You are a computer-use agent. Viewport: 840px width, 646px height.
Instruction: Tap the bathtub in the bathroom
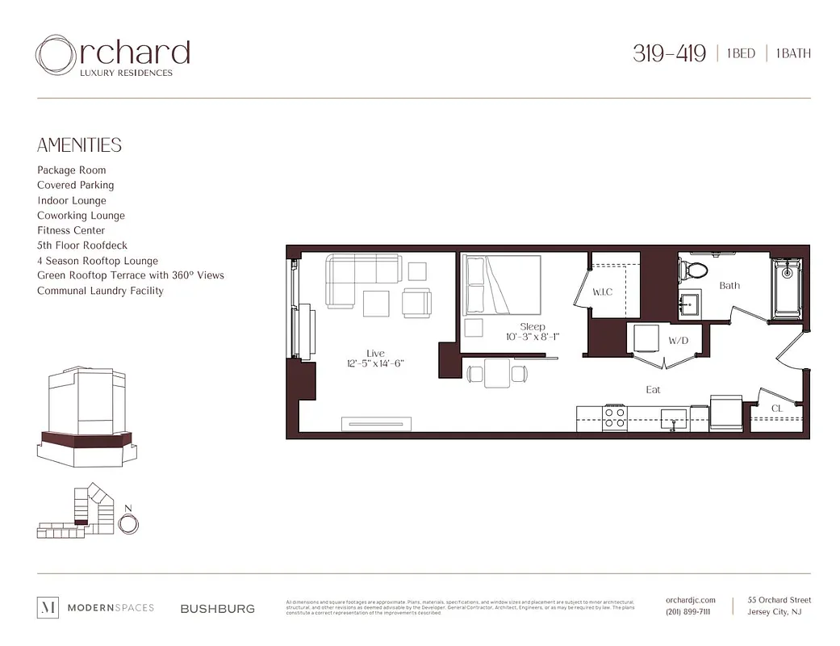pos(786,288)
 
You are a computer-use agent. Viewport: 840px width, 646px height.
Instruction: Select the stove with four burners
pos(615,417)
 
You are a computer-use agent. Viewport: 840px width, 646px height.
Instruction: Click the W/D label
pos(678,341)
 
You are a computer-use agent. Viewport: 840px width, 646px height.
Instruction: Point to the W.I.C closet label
pos(603,292)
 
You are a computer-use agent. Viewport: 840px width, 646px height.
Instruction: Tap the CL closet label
pos(777,409)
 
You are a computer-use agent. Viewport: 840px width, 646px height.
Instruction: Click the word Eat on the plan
pos(653,389)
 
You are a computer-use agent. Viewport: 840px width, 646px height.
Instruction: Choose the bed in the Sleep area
pos(501,285)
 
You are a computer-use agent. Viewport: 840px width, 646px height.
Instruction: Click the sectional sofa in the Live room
pos(355,279)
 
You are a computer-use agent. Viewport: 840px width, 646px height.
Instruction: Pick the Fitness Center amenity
pos(71,230)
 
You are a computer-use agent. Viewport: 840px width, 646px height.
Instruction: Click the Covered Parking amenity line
pos(76,185)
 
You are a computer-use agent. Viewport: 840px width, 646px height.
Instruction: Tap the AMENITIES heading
pos(79,145)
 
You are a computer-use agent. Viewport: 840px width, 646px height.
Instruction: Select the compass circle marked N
pos(127,523)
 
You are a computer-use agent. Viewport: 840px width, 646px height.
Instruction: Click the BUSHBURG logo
pos(218,609)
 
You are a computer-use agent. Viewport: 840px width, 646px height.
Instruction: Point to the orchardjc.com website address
pos(691,600)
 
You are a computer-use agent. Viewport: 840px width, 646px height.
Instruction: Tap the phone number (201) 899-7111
pos(688,612)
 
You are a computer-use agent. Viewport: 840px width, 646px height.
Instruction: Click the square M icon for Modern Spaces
pos(48,608)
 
